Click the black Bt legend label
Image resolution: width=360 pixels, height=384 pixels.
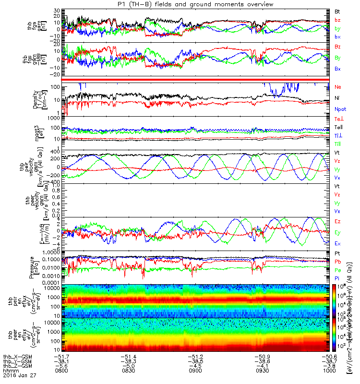click(337, 11)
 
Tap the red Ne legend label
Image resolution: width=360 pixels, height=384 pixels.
click(337, 86)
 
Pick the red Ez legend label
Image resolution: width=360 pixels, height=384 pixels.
click(337, 221)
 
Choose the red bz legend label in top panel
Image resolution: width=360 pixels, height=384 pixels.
click(337, 19)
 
